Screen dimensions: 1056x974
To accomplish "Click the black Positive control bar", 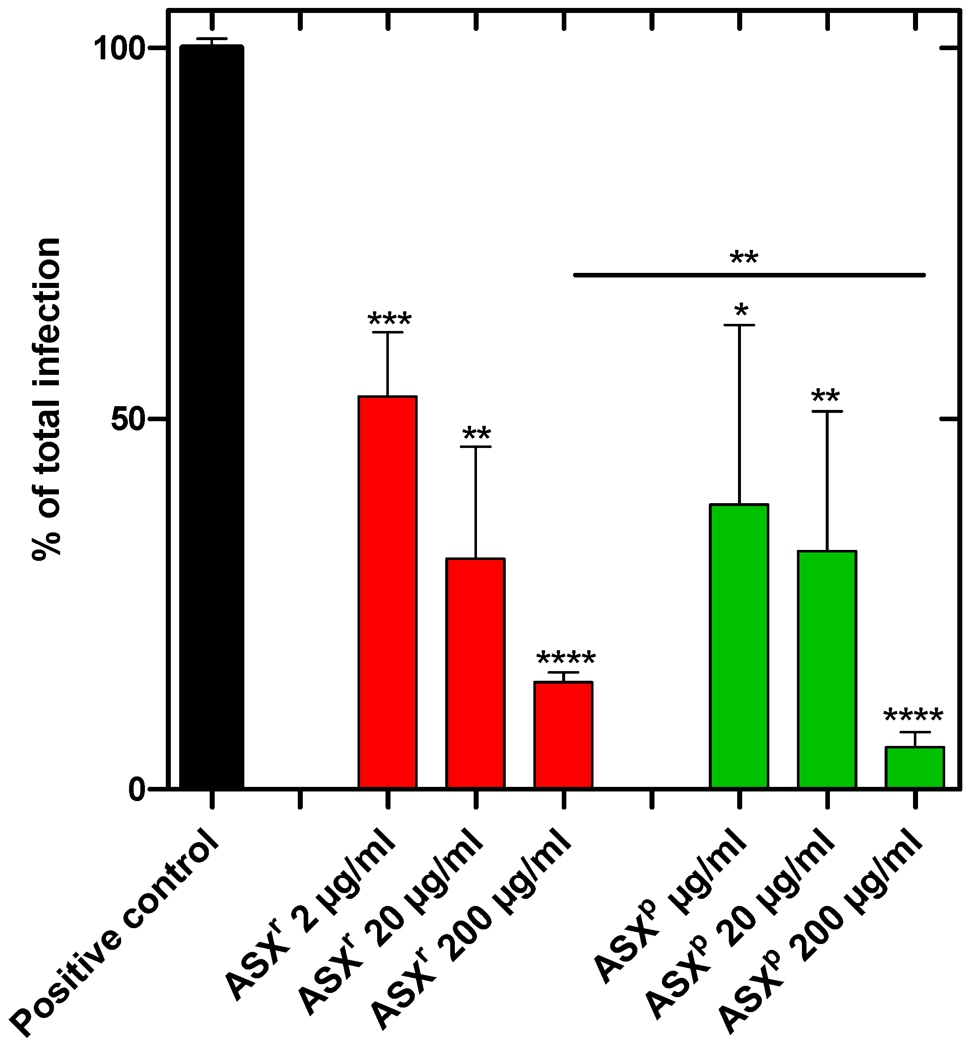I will coord(212,417).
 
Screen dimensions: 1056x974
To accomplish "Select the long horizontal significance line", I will coord(749,275).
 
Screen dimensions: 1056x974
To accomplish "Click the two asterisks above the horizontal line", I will coord(744,258).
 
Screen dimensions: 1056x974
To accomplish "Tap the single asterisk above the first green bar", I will coord(741,310).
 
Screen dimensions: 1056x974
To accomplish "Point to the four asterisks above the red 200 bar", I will coord(566,658).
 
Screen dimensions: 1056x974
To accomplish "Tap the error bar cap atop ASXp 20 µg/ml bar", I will coord(827,411).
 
